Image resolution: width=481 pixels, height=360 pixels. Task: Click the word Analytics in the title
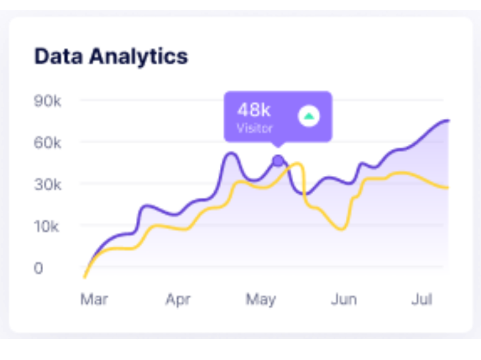(x=139, y=57)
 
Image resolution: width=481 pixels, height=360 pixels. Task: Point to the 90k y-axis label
(x=47, y=101)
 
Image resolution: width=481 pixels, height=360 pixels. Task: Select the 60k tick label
(x=47, y=142)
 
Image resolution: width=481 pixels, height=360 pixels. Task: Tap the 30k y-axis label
(x=47, y=184)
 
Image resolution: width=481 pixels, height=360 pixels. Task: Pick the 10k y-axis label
(x=47, y=227)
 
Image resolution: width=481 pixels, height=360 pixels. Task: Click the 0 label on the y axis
(x=39, y=268)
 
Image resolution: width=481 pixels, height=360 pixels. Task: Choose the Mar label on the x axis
(x=94, y=299)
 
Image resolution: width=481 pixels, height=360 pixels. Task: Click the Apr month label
(x=178, y=299)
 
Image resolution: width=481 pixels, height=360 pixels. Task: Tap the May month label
(x=261, y=299)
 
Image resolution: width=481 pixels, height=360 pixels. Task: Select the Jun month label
(x=344, y=299)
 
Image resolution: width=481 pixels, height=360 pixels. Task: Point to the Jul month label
(x=421, y=299)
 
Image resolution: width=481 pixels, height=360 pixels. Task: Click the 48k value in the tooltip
(x=254, y=110)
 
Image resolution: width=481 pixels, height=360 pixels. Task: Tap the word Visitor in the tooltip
(x=255, y=128)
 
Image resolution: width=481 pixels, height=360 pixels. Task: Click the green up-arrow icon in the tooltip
(x=309, y=116)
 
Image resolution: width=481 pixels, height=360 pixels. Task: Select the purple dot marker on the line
(x=278, y=161)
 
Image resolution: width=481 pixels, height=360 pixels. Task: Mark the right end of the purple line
(x=449, y=121)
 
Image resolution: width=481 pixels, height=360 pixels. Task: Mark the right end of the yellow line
(x=448, y=188)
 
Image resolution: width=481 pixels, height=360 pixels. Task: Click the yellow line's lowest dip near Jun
(x=342, y=229)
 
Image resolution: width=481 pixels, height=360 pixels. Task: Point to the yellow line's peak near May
(x=297, y=163)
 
